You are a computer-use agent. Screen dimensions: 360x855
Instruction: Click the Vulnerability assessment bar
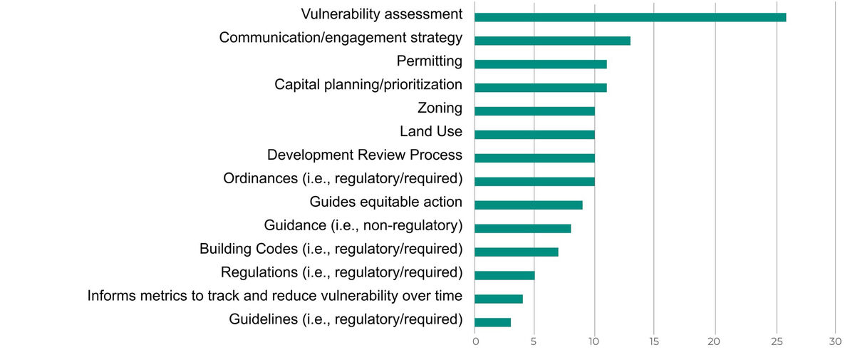tap(630, 17)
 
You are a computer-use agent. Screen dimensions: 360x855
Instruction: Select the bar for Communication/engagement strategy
tap(552, 41)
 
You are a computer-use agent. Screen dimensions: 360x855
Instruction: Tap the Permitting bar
tap(540, 64)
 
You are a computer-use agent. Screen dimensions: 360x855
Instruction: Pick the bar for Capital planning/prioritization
tap(540, 88)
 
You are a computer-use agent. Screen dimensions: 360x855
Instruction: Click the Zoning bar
tap(534, 111)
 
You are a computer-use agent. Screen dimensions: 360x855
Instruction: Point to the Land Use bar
tap(534, 135)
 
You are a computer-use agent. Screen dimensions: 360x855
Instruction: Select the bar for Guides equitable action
tap(528, 205)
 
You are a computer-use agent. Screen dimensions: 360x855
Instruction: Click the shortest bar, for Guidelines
tap(492, 322)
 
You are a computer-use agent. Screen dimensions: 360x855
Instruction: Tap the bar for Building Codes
tap(516, 252)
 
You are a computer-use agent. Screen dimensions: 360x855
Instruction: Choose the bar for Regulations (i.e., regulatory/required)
tap(504, 275)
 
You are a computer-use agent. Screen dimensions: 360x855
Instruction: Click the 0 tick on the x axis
tap(475, 342)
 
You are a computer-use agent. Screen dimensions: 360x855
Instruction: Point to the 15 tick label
tap(654, 342)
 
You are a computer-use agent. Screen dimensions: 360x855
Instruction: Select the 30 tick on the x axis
tap(835, 342)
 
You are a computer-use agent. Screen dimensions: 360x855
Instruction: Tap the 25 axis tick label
tap(776, 342)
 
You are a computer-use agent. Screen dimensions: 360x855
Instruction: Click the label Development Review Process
tap(364, 155)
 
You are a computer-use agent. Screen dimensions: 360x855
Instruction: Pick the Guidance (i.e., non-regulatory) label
tap(363, 225)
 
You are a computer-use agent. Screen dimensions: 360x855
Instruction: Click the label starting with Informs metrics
tap(274, 296)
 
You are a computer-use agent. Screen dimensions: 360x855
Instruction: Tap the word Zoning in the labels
tap(440, 108)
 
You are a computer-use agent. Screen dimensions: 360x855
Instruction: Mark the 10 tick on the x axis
tap(594, 342)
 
